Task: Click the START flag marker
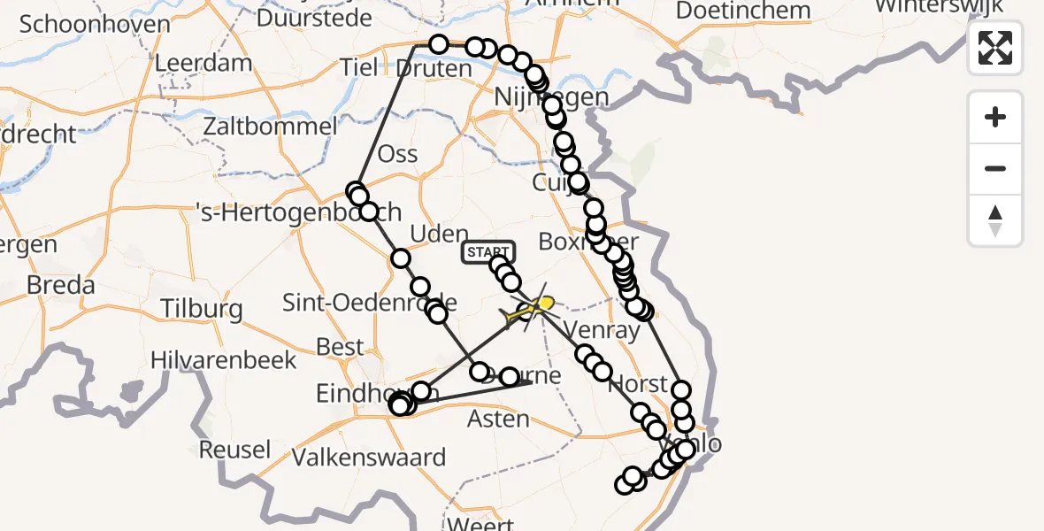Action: (x=487, y=253)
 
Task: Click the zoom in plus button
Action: (x=995, y=117)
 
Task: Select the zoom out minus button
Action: (x=995, y=168)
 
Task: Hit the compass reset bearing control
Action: (x=995, y=220)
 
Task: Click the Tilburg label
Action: (x=202, y=309)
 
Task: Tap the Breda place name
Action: (x=60, y=286)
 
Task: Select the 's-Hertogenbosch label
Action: (x=299, y=212)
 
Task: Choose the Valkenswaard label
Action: (x=369, y=458)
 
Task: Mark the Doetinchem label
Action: (x=743, y=11)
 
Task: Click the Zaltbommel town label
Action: (x=270, y=126)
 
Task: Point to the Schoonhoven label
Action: (x=94, y=24)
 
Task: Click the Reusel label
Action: (x=234, y=449)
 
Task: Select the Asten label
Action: (x=500, y=418)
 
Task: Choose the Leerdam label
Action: (x=203, y=63)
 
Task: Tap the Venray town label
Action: (x=602, y=331)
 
